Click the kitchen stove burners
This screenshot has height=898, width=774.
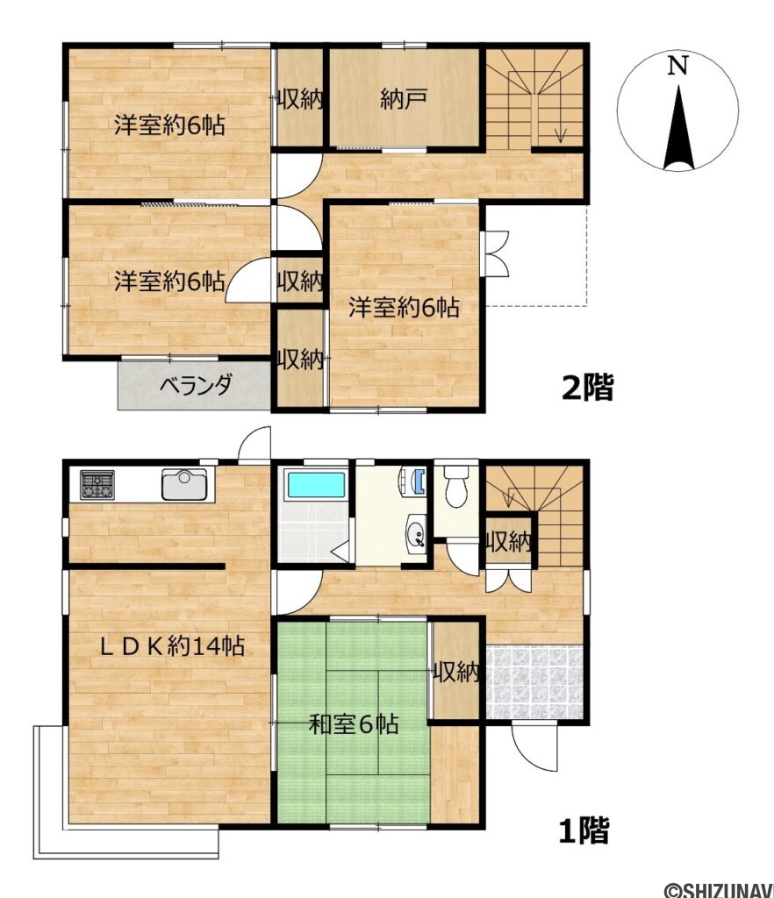[97, 484]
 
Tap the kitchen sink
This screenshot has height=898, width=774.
[184, 484]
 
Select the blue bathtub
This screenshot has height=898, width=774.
[316, 485]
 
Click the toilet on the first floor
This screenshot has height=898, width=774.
[456, 486]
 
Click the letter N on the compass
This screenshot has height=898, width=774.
[677, 67]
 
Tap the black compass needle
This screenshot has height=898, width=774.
[679, 128]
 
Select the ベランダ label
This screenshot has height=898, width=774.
[195, 385]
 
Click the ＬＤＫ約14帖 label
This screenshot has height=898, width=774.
[173, 646]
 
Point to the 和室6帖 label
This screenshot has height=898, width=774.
[353, 724]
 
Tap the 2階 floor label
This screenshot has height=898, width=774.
[587, 388]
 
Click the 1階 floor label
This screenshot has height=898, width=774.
[584, 830]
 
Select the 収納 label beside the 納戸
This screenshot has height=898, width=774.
[299, 100]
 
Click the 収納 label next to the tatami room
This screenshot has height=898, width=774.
[455, 671]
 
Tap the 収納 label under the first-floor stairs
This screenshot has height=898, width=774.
[509, 541]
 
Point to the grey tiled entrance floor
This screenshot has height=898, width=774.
[534, 681]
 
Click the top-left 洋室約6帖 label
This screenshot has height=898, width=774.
[169, 125]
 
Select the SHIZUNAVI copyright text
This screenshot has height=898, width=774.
[719, 889]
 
